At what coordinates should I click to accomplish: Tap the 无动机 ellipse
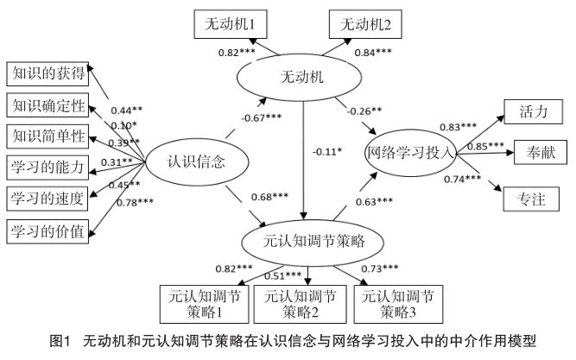tap(302, 79)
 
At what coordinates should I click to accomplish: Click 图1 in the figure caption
tap(60, 344)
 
